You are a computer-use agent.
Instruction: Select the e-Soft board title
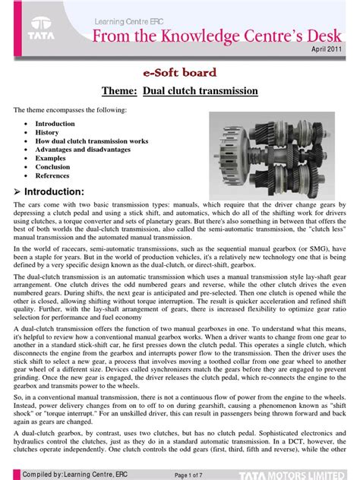[x=180, y=73]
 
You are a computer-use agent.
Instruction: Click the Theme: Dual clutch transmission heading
[x=180, y=91]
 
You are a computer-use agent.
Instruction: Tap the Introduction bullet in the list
[x=55, y=123]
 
